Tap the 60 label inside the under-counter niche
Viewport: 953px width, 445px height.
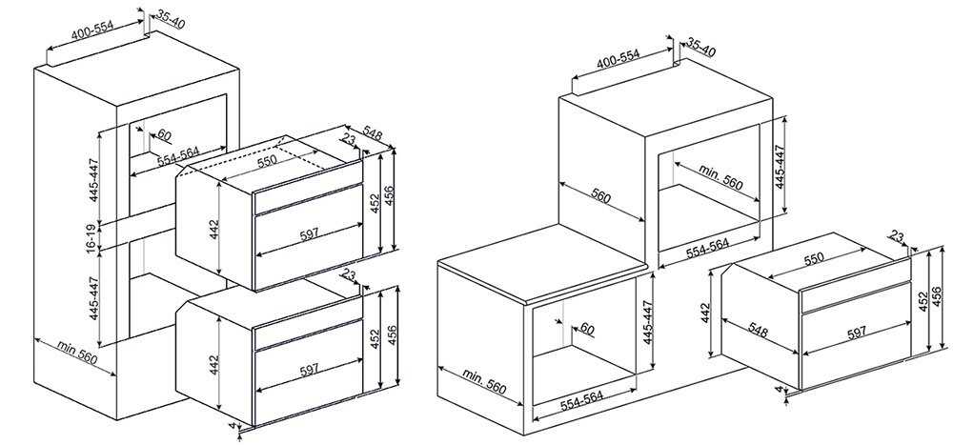(586, 329)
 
